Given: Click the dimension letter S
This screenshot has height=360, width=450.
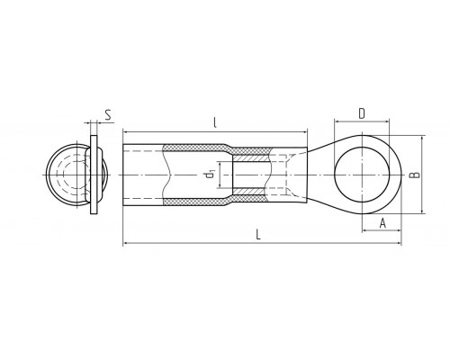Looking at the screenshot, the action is point(108,115).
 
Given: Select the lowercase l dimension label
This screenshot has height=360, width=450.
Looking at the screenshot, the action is point(215,122).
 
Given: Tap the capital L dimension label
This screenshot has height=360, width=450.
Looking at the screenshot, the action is point(258,234).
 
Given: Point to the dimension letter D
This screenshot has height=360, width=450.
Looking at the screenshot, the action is point(362,113).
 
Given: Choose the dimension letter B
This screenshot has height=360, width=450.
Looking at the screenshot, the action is point(414,175).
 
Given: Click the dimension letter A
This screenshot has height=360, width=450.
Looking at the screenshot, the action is point(382,223).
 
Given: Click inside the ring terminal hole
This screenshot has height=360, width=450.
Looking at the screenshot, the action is point(363,175).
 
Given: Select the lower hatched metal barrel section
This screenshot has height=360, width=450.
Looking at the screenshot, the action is point(249,191).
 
